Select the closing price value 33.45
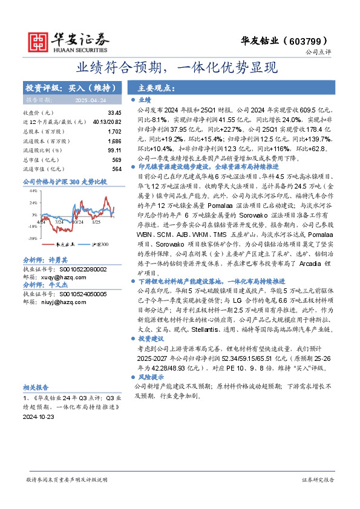114,113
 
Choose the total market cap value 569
117,160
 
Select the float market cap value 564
117,169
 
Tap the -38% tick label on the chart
33,238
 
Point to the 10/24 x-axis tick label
77,221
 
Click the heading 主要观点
157,87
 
